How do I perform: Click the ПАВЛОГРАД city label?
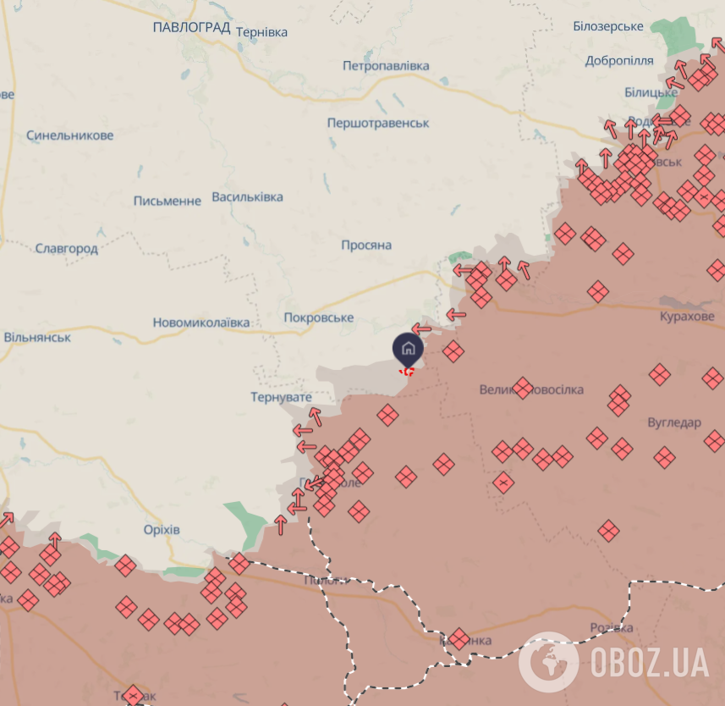tap(191, 28)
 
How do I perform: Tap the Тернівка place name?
tap(261, 32)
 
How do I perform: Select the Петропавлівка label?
tap(386, 66)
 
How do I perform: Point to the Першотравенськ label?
tap(378, 123)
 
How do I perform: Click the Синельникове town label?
tap(69, 135)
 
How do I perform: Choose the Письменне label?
tap(168, 201)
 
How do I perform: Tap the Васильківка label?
tap(247, 196)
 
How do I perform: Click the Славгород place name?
tap(67, 249)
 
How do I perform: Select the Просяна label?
tap(366, 245)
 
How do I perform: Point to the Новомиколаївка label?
tap(201, 323)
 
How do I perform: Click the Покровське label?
tap(318, 317)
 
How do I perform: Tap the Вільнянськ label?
tap(37, 337)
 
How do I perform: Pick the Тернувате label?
tap(281, 397)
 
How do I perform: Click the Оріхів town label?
tap(162, 530)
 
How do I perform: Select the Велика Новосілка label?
tap(531, 389)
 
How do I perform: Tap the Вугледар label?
tap(674, 422)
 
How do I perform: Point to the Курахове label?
tap(687, 316)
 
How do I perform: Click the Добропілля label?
tap(619, 61)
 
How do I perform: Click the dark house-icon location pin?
tap(408, 348)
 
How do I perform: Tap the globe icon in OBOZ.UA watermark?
tap(547, 661)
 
